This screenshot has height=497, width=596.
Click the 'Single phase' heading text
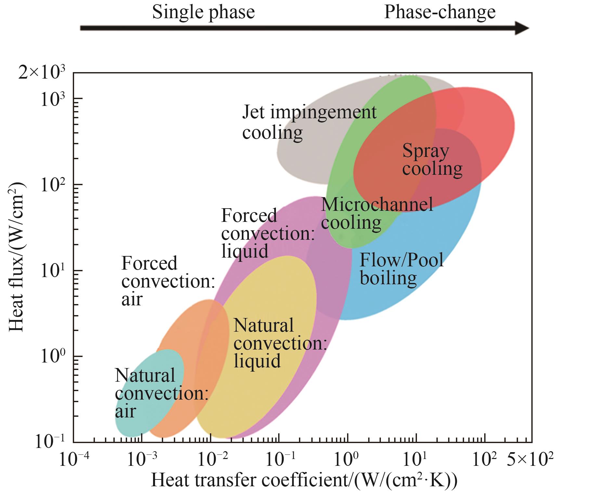[203, 12]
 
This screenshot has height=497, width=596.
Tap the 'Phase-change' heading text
[440, 12]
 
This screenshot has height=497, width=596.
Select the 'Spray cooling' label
[432, 160]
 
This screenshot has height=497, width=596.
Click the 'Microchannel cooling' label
[377, 214]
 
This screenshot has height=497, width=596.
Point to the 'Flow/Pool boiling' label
[401, 269]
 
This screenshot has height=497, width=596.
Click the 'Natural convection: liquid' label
[280, 343]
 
